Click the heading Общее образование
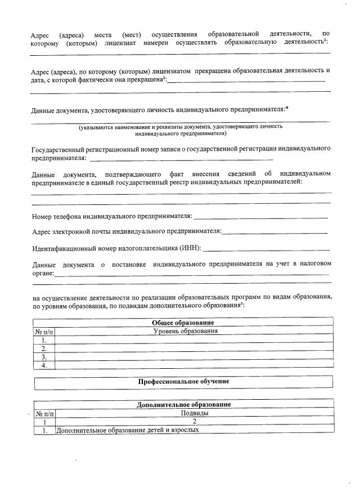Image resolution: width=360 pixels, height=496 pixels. [x=183, y=323]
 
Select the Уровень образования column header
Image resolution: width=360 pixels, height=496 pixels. [x=186, y=331]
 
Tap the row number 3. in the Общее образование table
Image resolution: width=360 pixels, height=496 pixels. [x=44, y=357]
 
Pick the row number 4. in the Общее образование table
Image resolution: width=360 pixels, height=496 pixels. [x=44, y=365]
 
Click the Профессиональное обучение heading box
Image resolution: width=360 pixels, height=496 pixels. [x=183, y=382]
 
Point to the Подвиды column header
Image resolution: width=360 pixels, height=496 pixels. [x=194, y=413]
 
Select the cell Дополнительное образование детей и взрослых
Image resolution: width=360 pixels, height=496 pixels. [x=127, y=430]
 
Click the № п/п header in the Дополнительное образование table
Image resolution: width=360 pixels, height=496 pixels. [x=44, y=413]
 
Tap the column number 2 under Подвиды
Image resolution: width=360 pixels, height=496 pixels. [x=194, y=421]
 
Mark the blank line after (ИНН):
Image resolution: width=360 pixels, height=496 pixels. [x=267, y=249]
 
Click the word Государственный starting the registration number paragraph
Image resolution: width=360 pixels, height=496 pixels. [x=58, y=149]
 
